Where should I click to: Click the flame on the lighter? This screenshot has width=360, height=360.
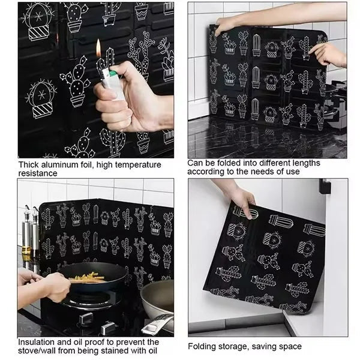click(x=98, y=49)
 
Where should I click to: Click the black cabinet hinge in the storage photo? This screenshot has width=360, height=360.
click(x=325, y=187)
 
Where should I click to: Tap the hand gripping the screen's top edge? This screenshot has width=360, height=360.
click(x=226, y=25)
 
